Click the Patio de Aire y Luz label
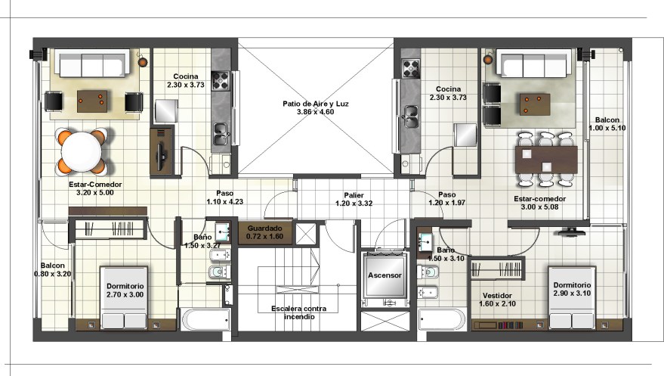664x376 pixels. pos(316,104)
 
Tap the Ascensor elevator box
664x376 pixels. pos(385,275)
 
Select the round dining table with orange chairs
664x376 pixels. pos(82,152)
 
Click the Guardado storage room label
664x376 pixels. pos(264,228)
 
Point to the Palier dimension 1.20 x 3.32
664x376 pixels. pos(354,204)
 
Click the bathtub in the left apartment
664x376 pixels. pos(206,319)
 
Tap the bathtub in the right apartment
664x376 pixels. pos(442,319)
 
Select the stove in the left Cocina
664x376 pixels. pos(221,81)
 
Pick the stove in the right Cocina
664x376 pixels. pos(410,69)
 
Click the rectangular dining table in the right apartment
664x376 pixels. pos(546,160)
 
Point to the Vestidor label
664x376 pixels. pos(497,296)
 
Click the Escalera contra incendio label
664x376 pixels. pos(299,313)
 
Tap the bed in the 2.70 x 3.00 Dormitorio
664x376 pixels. pos(124,297)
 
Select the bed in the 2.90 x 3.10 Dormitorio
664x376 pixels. pos(572,297)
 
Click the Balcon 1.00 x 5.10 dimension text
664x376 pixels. pos(607,128)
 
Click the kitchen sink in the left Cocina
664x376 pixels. pos(221,133)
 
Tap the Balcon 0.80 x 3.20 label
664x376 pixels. pos(53,269)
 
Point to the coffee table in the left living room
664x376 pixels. pos(92,101)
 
